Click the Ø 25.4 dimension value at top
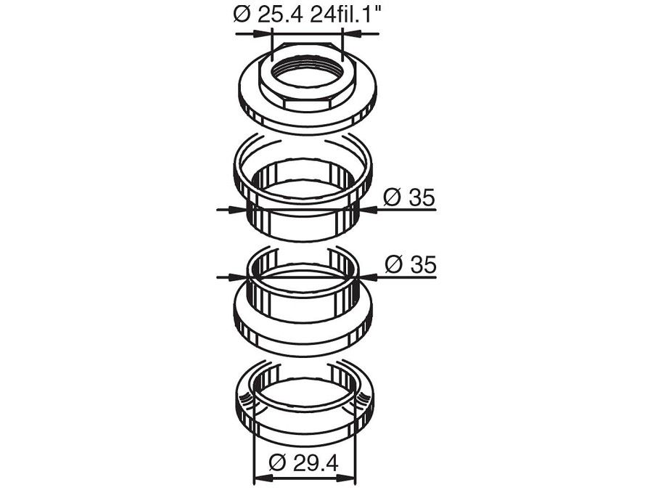pos(269,15)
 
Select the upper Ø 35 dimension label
pos(409,197)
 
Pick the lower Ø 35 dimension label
pos(410,264)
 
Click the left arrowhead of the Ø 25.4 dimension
pos(263,33)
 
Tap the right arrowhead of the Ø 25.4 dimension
pos(350,33)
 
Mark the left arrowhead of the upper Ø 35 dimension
pos(239,210)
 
